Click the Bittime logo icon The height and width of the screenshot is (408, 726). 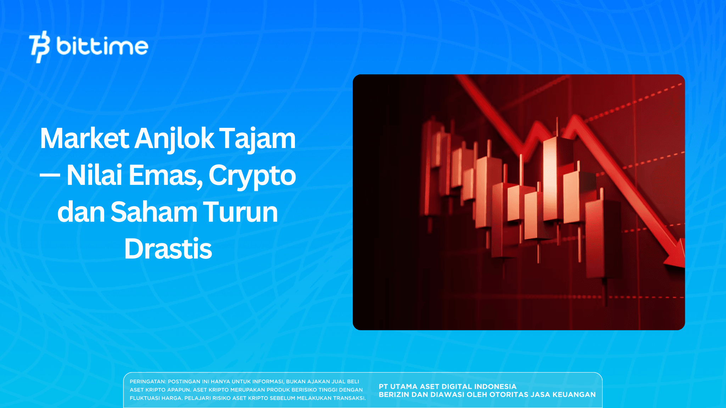coord(39,46)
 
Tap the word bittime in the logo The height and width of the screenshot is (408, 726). coord(102,46)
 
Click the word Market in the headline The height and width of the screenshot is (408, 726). coord(84,138)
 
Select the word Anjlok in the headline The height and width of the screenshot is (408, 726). coord(174,138)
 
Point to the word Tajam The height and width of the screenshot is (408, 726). coord(257,138)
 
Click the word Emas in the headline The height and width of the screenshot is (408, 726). coord(165,175)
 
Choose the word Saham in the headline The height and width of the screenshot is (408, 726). coord(153,212)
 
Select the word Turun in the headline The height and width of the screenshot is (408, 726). coord(240,212)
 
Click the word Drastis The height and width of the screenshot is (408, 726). coord(168,249)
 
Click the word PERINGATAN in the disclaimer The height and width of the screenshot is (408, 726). coord(147,381)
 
